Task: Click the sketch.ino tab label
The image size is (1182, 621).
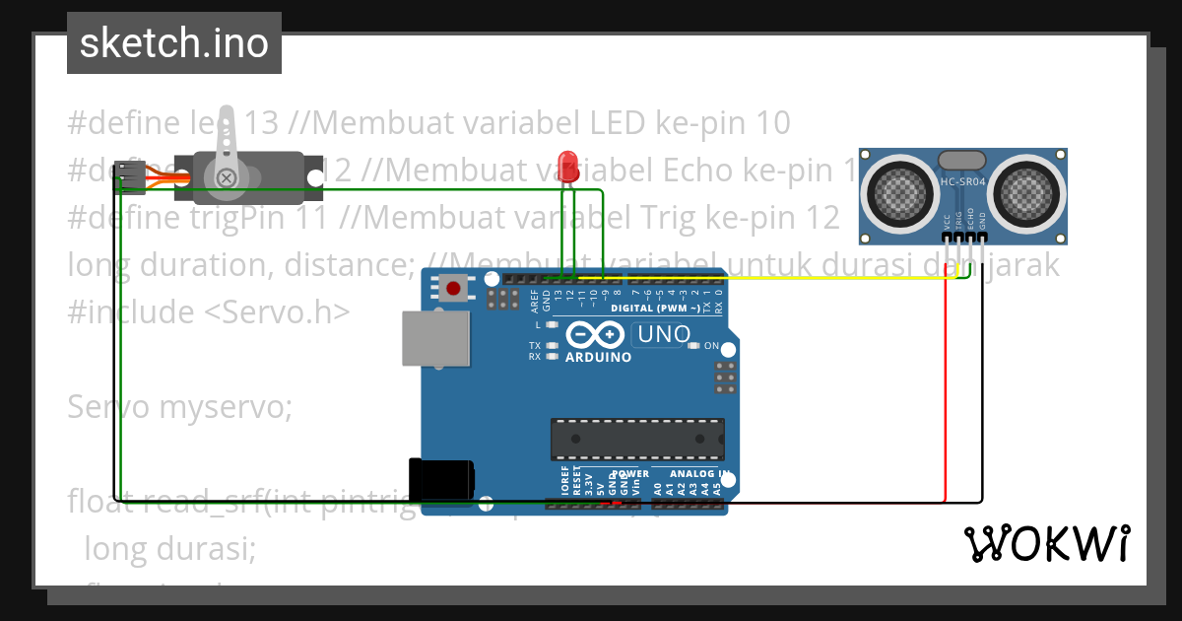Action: [173, 43]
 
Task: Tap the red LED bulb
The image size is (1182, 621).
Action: [566, 164]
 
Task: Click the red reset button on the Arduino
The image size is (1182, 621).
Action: [453, 289]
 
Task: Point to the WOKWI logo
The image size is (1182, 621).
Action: [1046, 543]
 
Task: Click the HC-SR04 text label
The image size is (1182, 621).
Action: [962, 181]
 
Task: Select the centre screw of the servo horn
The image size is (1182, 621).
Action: [227, 177]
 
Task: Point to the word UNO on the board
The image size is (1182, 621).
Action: [665, 335]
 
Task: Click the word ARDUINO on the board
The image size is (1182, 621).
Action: [598, 357]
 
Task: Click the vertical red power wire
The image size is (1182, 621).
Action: [946, 394]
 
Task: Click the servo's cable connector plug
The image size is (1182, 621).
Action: [127, 176]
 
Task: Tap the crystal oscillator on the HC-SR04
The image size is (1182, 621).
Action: [961, 160]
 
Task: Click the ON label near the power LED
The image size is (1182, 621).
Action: [712, 346]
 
